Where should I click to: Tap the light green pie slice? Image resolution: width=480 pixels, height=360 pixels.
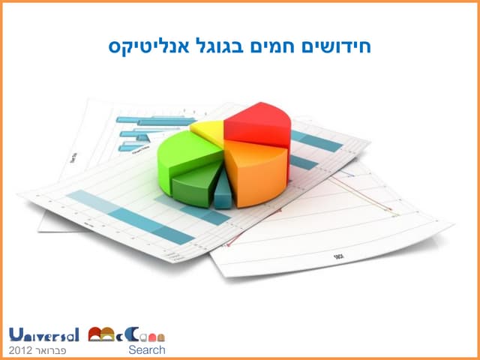(188, 154)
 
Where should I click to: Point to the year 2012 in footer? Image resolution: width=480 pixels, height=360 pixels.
(22, 350)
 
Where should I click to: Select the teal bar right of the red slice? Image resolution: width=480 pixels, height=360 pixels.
(315, 141)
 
